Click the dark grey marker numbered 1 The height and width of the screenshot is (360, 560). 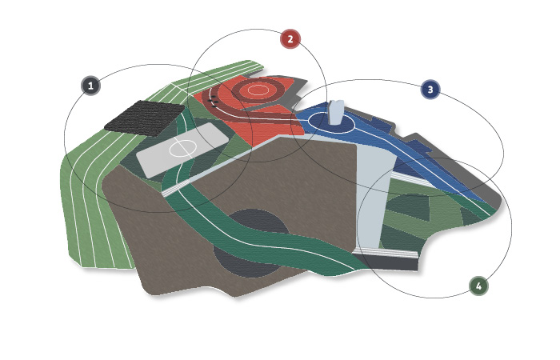coord(90,86)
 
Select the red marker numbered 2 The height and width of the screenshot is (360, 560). coord(290,39)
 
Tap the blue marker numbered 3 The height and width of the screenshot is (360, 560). coord(430,90)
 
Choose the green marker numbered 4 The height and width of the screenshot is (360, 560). coord(478,286)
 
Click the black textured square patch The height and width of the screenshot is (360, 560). coord(145,118)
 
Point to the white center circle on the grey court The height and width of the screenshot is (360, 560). coord(182,148)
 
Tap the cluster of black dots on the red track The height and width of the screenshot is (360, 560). coord(214,102)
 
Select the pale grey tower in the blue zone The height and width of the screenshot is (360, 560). coord(336,113)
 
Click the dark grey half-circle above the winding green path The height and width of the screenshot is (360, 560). coord(258,221)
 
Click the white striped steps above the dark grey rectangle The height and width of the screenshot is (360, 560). coord(386,253)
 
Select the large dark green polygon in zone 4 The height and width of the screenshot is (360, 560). coord(408,207)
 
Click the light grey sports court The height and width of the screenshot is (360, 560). coord(182,150)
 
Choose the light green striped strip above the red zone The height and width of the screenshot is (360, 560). coord(218,77)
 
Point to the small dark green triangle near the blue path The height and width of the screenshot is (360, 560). coord(469,217)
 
